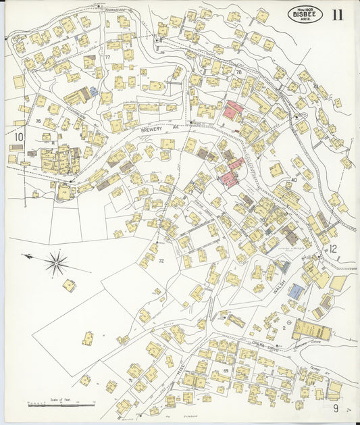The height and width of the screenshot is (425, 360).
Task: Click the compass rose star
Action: tap(57, 261)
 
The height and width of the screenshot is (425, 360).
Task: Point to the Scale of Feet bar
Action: tap(61, 404)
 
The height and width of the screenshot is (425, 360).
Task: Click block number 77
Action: tap(107, 57)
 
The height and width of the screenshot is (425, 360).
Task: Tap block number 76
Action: tap(38, 121)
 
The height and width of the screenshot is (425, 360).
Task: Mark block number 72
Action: tap(161, 260)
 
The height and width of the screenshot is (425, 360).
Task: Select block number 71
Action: tap(130, 381)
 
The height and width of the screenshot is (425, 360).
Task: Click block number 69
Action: tap(225, 371)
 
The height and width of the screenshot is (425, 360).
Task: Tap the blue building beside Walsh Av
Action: tap(296, 292)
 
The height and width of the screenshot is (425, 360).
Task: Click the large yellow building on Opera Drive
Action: tap(311, 330)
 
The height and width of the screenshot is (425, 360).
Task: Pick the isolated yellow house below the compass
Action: tap(70, 285)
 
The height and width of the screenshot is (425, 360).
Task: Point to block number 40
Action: tap(294, 180)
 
